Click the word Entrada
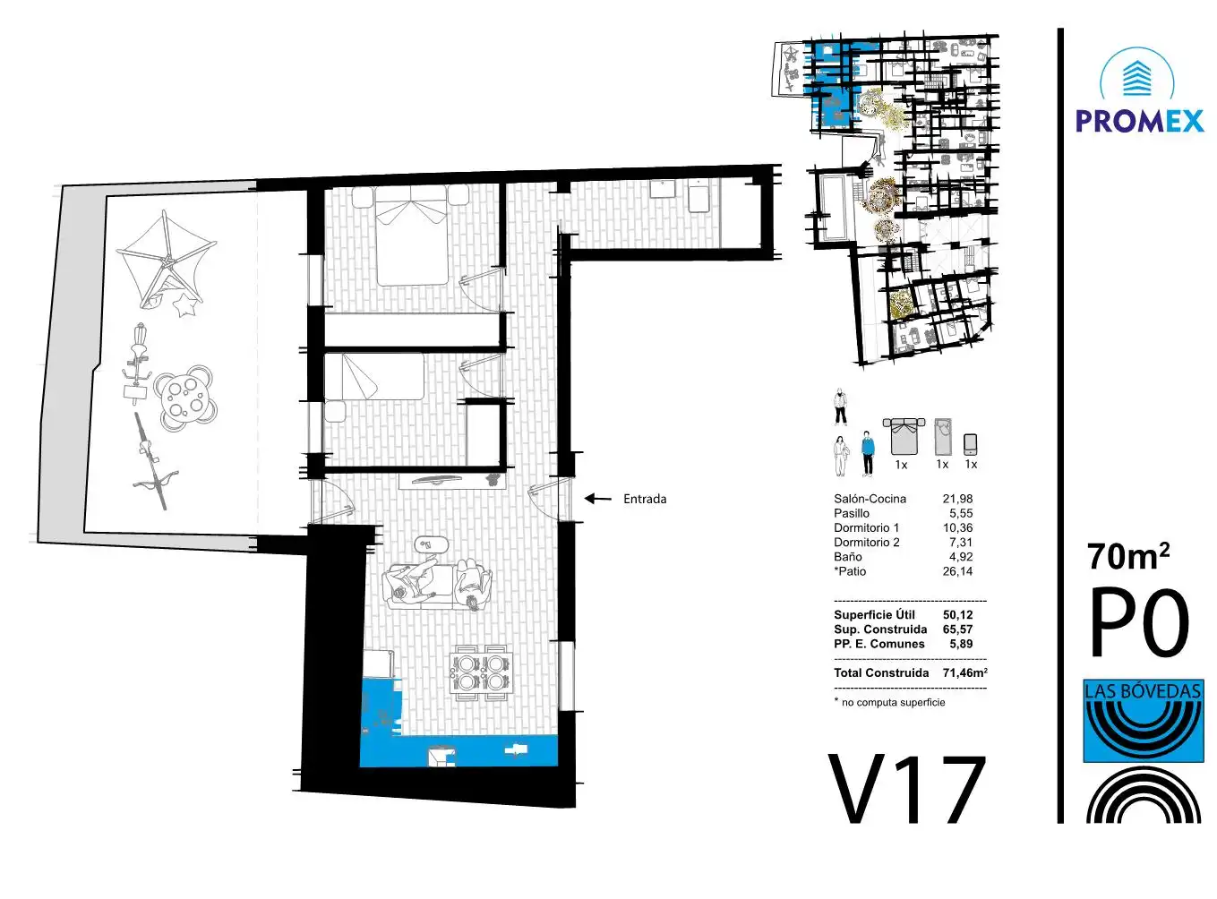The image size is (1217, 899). (x=645, y=499)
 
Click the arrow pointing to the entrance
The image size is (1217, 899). (x=597, y=499)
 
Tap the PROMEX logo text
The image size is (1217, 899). (x=1140, y=121)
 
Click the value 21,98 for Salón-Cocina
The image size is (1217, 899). (x=957, y=499)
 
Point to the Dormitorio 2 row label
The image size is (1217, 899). (x=866, y=543)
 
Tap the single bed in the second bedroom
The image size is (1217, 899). (x=374, y=376)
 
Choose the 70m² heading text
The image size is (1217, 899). (x=1128, y=557)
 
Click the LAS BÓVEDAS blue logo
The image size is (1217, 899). (x=1144, y=721)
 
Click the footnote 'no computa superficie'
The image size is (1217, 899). (x=889, y=702)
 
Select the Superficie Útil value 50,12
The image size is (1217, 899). (x=957, y=614)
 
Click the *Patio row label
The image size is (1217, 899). (x=850, y=571)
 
